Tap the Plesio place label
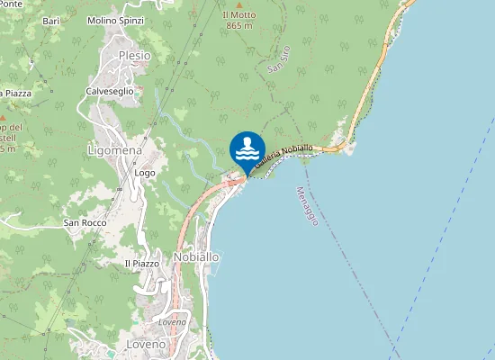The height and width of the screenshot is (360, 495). [135, 56]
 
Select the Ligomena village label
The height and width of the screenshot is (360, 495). [112, 149]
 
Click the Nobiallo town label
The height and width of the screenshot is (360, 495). [196, 256]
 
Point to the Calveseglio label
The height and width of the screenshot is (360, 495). [110, 91]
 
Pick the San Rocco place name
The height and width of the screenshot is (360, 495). [85, 222]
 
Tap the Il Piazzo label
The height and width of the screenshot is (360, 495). [141, 263]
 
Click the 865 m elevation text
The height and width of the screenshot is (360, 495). [238, 27]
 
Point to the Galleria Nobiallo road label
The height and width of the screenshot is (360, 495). [283, 156]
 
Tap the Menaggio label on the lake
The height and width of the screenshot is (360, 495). [307, 206]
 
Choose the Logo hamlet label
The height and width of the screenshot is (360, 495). [145, 172]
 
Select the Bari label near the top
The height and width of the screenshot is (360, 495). [50, 20]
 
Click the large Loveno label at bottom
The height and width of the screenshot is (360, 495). [147, 345]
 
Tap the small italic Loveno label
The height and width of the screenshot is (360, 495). [171, 321]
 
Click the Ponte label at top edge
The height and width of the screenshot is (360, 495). [13, 4]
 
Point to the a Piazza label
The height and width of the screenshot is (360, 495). [16, 93]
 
